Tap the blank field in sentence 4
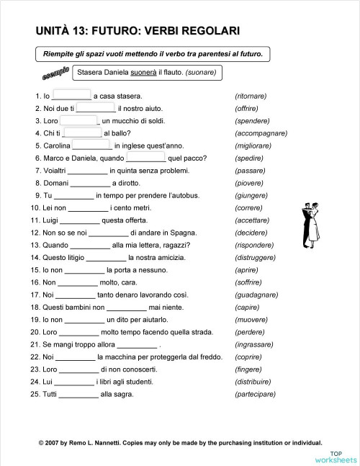(x=82, y=133)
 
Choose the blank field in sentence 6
(x=145, y=157)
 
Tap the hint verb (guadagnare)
(x=256, y=295)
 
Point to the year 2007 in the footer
(x=55, y=443)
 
